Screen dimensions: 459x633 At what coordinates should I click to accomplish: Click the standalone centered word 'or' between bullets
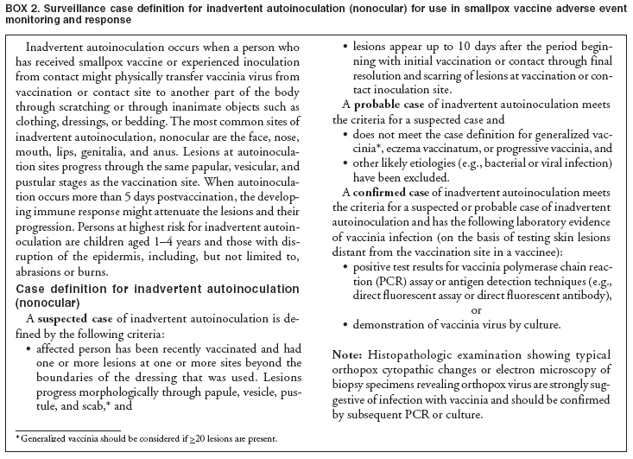click(x=476, y=309)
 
